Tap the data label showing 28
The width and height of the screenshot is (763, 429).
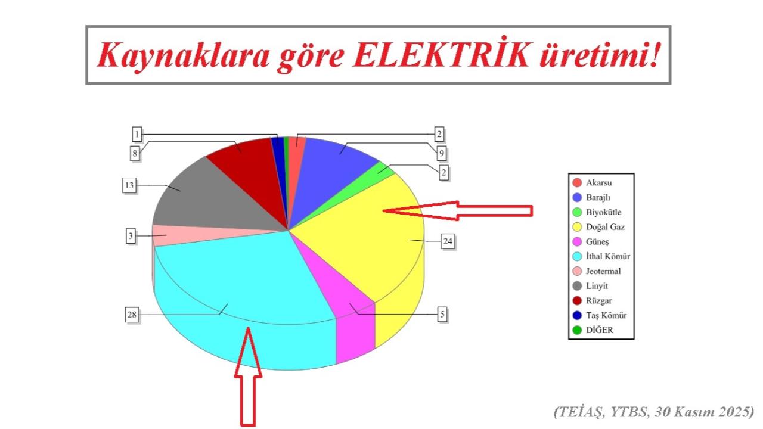132,315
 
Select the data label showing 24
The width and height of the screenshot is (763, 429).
448,241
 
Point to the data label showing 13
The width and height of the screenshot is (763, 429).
129,185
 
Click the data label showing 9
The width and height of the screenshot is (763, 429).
442,154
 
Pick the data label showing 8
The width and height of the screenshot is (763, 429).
135,154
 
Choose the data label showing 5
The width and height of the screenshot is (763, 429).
442,314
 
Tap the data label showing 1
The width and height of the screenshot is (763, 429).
137,134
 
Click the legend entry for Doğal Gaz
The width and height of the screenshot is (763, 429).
605,227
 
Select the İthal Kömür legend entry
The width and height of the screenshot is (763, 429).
607,256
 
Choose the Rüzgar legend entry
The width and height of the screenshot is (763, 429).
600,300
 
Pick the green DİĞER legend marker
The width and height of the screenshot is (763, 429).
576,329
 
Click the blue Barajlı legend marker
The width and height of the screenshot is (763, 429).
576,197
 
